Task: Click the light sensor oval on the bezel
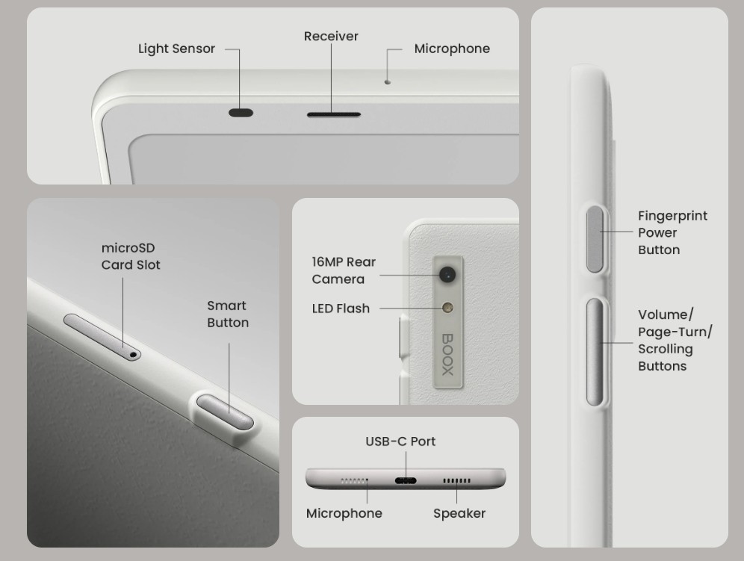[241, 113]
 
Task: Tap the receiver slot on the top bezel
[334, 114]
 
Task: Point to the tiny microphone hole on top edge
[388, 81]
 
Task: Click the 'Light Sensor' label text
[176, 49]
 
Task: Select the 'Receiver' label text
[331, 36]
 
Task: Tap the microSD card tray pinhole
[133, 354]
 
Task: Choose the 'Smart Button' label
[228, 314]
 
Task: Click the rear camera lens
[447, 274]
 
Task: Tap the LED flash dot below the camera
[447, 308]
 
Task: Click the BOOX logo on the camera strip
[448, 355]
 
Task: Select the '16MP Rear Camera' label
[344, 270]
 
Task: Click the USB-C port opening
[406, 481]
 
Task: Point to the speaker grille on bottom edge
[456, 481]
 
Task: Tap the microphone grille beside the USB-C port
[354, 481]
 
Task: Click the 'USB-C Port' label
[400, 441]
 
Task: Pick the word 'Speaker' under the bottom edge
[459, 513]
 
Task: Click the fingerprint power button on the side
[595, 239]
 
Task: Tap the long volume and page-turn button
[595, 352]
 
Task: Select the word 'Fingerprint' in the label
[672, 216]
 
